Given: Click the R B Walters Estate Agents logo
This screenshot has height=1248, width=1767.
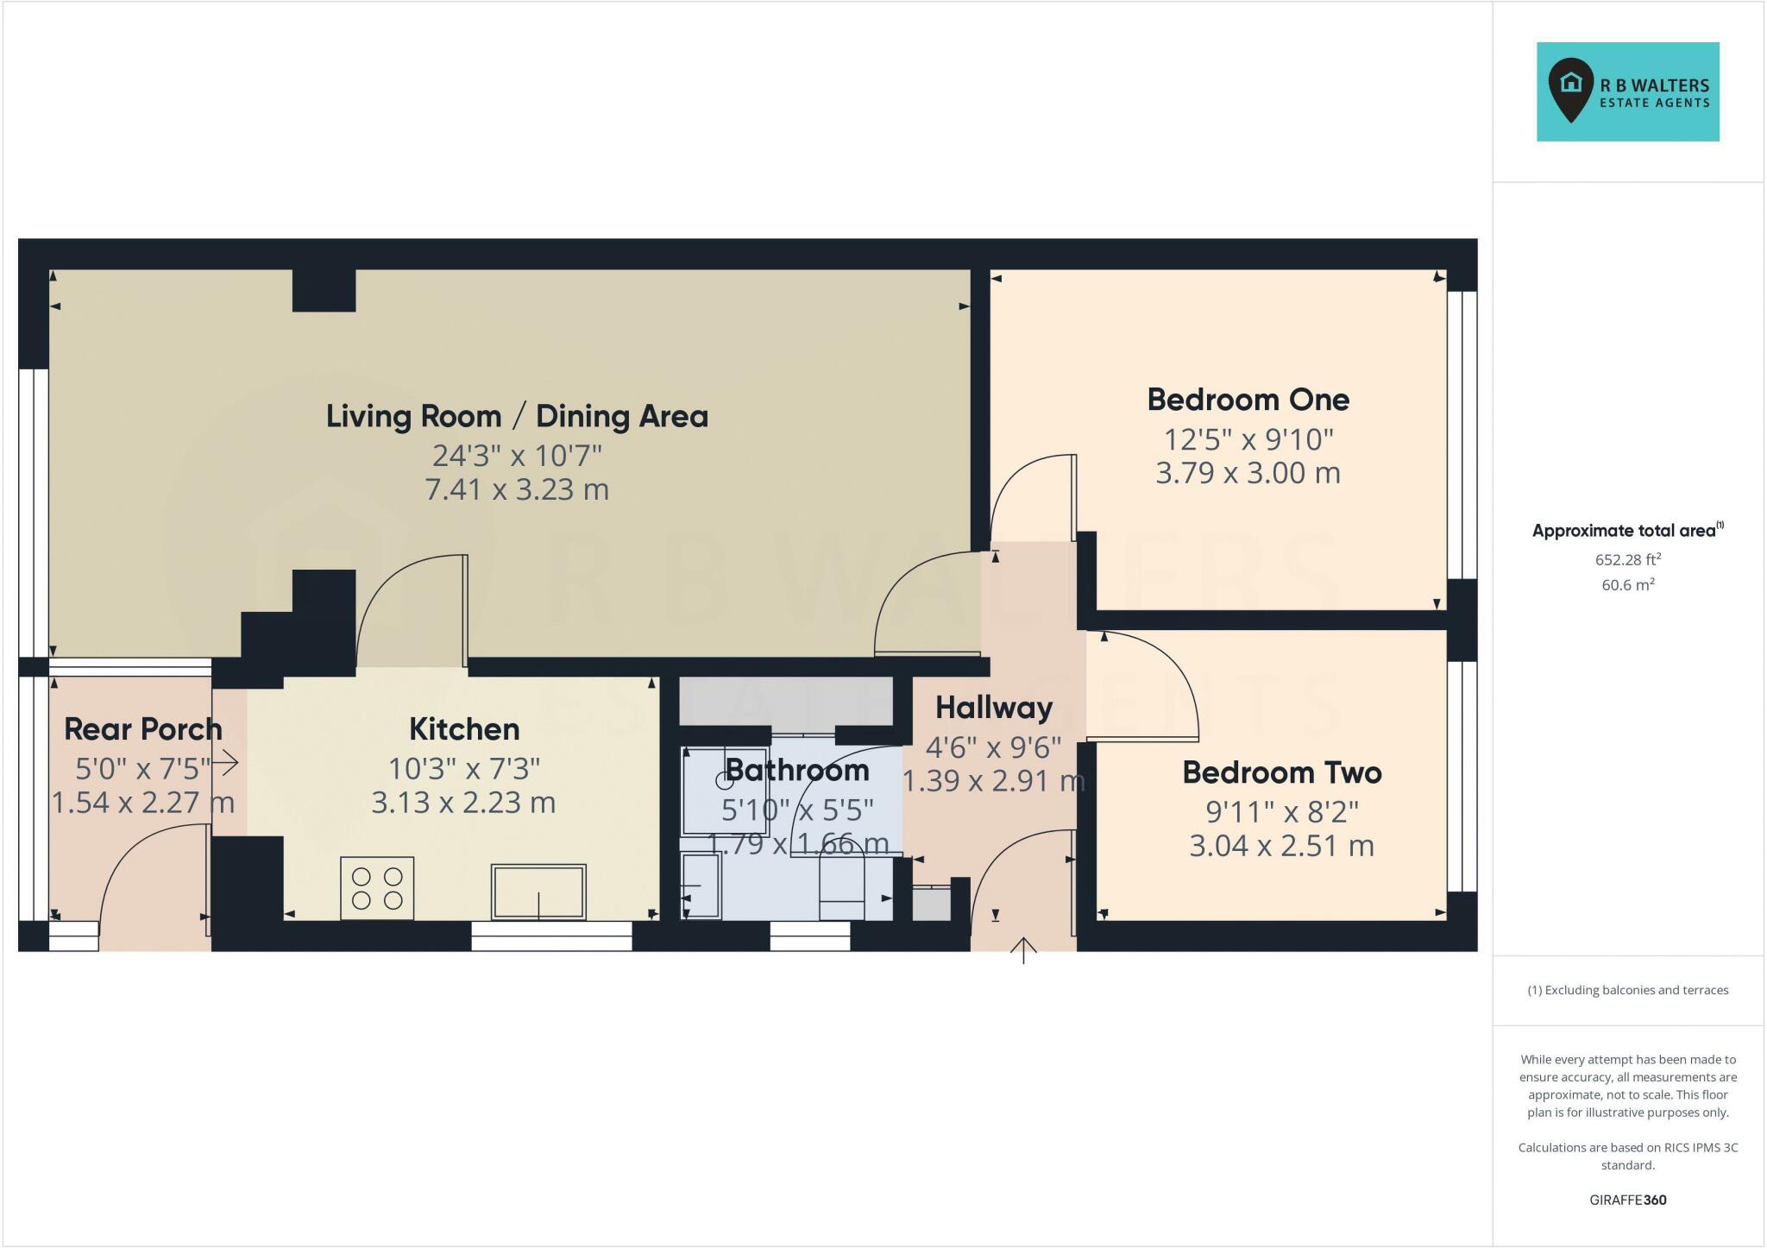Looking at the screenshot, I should [1627, 91].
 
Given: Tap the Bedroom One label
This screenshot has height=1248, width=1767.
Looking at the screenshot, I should [1248, 400].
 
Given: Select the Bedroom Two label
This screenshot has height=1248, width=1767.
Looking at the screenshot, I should [1281, 772].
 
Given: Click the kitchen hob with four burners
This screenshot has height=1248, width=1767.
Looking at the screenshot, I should [377, 888].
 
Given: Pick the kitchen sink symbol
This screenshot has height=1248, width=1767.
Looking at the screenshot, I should [538, 892].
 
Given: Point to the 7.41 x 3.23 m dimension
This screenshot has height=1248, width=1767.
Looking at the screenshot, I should [517, 489].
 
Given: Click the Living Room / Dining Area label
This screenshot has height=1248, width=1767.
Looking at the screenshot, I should [517, 416].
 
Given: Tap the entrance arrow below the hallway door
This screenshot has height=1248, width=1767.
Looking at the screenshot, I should [1023, 950].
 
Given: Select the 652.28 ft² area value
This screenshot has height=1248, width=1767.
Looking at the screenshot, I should [1627, 559].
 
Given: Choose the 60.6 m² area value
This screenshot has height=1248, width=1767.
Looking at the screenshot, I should [1627, 585].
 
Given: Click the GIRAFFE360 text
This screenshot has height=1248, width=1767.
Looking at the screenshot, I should [1627, 1200].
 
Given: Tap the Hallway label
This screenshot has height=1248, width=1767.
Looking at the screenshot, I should [994, 708].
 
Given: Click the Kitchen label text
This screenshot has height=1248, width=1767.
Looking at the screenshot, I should [464, 729].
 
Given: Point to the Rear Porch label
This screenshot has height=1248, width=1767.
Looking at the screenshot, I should [143, 729].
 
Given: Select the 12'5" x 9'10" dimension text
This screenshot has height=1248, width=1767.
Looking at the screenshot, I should [1248, 439].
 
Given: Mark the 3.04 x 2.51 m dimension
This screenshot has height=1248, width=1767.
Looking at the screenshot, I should [1281, 846].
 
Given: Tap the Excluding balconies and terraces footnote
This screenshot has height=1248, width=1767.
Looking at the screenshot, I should [1627, 990].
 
